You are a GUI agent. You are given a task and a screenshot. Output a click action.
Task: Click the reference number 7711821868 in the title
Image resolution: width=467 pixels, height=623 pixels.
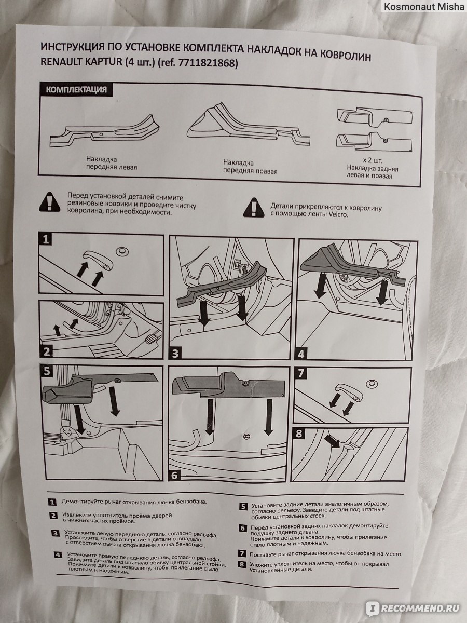click(x=207, y=63)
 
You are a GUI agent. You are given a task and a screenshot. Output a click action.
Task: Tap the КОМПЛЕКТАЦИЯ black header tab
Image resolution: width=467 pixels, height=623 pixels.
click(x=76, y=89)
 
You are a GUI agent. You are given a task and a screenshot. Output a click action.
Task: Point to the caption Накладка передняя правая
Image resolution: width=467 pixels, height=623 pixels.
click(x=250, y=167)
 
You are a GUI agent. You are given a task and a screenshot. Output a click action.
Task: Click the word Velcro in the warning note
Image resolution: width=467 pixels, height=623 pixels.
click(x=338, y=214)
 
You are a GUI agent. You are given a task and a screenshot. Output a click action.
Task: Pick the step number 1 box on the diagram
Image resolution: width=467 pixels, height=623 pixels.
click(x=45, y=239)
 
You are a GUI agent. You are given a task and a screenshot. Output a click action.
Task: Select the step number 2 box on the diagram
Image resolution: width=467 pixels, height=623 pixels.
click(x=46, y=351)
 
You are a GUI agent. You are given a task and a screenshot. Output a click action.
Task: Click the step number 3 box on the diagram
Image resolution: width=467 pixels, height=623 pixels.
click(x=175, y=354)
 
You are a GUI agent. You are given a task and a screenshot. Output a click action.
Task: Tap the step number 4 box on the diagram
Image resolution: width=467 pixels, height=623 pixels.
click(x=301, y=354)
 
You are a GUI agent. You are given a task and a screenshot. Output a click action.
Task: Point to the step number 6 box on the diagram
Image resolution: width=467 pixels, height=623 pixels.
click(x=175, y=475)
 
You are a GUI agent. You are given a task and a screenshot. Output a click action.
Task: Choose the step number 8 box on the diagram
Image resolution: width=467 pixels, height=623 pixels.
click(x=299, y=434)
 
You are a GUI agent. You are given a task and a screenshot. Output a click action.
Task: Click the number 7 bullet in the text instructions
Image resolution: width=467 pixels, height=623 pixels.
click(x=242, y=553)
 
